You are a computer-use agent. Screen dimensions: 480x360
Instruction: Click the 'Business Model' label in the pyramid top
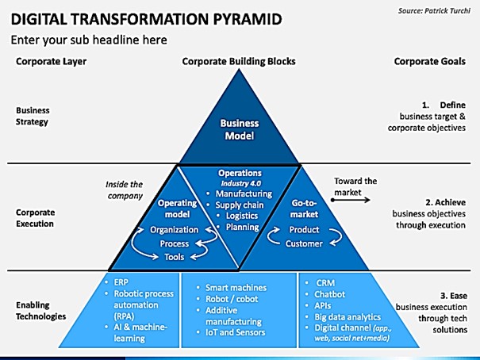click(240, 129)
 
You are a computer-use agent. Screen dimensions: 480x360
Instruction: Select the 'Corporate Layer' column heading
click(51, 62)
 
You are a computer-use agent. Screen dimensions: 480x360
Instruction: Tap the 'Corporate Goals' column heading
click(429, 62)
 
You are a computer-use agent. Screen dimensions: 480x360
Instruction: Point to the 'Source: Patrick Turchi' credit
click(434, 11)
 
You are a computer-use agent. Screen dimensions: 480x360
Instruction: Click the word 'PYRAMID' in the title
click(247, 19)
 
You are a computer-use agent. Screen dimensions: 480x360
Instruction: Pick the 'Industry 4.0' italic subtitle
click(241, 183)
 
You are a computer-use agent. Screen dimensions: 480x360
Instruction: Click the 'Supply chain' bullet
click(240, 205)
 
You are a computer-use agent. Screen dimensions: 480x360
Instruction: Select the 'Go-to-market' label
click(305, 209)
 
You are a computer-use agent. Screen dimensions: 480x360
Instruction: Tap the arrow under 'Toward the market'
click(351, 200)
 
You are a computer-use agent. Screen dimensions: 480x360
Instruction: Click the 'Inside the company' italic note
click(125, 190)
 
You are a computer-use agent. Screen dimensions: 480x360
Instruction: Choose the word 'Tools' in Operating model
click(175, 257)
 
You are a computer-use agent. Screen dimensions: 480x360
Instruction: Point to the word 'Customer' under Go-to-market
click(304, 243)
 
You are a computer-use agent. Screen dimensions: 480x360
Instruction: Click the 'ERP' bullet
click(121, 282)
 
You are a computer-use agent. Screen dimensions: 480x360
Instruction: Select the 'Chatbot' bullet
click(329, 294)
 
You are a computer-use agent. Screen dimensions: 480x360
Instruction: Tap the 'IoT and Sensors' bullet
click(235, 332)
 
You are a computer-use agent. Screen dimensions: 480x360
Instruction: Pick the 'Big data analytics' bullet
click(348, 317)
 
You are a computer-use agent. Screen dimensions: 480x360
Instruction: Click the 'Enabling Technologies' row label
click(41, 311)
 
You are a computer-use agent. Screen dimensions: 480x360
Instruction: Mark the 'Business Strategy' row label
click(33, 116)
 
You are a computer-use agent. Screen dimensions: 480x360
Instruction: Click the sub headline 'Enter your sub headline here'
click(89, 40)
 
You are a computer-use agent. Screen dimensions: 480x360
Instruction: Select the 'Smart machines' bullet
click(236, 288)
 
